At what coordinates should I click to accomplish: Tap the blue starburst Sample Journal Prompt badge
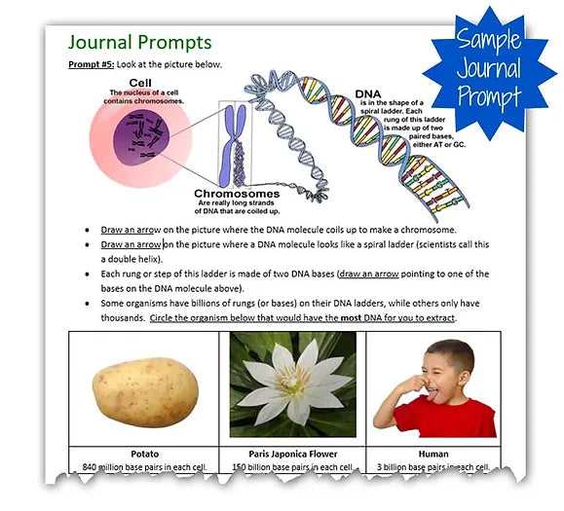coord(489,69)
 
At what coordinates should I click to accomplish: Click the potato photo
coord(146,387)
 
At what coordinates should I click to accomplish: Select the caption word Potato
coord(145,454)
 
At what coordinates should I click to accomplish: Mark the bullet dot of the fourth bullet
coord(89,305)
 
